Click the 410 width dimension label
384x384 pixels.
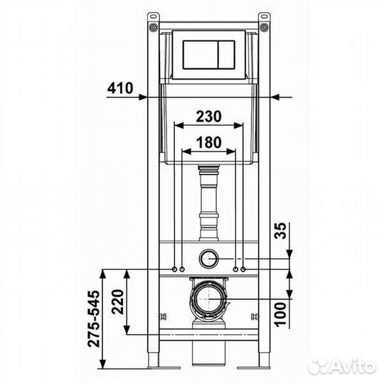[x=120, y=88]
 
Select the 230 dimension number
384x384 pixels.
[x=208, y=116]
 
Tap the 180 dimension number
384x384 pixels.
[x=209, y=142]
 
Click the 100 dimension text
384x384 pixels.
[x=281, y=314]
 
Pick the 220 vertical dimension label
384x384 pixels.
[x=118, y=302]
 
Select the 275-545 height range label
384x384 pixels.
[x=95, y=319]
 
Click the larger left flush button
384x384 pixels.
[x=201, y=54]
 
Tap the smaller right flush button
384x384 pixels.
[x=227, y=54]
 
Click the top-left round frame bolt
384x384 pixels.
[x=153, y=27]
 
